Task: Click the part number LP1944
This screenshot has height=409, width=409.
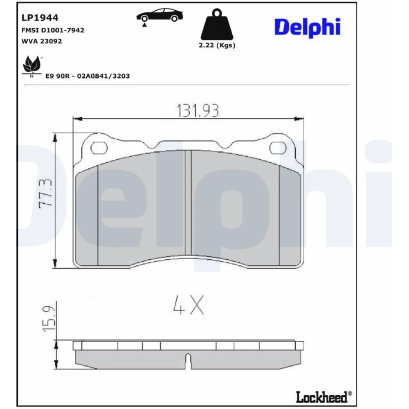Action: click(40, 18)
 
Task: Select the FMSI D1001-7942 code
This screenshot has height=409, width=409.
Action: click(53, 30)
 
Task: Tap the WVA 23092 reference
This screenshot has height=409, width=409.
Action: click(42, 41)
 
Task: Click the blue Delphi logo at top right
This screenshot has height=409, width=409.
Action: click(307, 27)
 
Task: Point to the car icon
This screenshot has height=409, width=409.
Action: click(160, 16)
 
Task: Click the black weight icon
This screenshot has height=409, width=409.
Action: click(217, 24)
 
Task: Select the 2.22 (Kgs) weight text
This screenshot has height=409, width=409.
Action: click(217, 45)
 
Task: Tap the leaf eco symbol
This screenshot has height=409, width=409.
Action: click(32, 65)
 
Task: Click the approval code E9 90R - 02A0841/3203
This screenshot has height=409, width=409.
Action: click(88, 76)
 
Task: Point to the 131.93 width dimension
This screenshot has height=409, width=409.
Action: click(198, 110)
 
